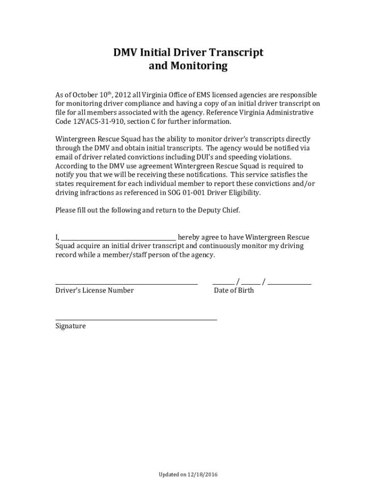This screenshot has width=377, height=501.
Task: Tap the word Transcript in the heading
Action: pyautogui.click(x=236, y=52)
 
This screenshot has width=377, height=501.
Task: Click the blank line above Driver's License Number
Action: pyautogui.click(x=126, y=283)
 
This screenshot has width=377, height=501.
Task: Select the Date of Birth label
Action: pyautogui.click(x=234, y=291)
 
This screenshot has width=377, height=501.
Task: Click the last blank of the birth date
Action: pyautogui.click(x=289, y=283)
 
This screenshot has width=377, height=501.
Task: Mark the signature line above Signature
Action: pyautogui.click(x=136, y=319)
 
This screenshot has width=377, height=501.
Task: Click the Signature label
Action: pyautogui.click(x=71, y=326)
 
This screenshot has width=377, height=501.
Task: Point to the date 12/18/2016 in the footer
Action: pyautogui.click(x=203, y=475)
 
